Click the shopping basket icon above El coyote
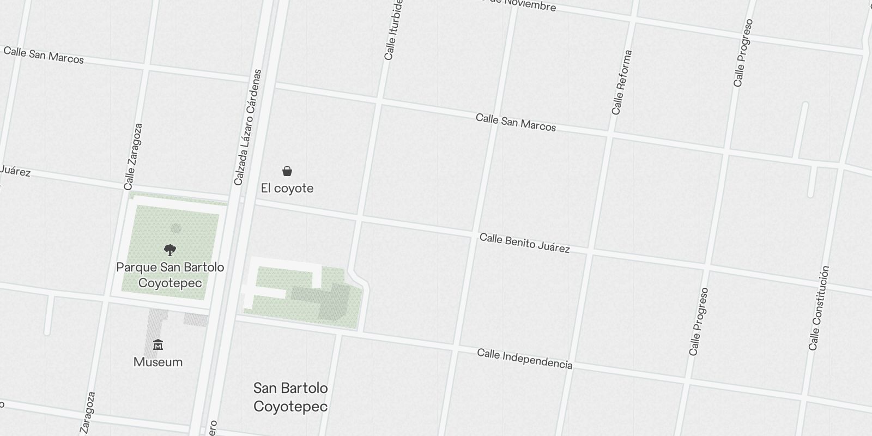click(287, 172)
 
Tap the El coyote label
click(287, 189)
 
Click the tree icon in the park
click(170, 250)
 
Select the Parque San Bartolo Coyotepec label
click(170, 275)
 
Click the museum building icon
click(158, 345)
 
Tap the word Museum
click(158, 362)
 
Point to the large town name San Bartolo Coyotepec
click(290, 397)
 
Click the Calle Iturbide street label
click(393, 30)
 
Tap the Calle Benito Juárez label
click(524, 244)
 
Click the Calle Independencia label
click(524, 359)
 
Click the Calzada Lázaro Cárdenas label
click(248, 127)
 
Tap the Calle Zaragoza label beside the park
click(134, 156)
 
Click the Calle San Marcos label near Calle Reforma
click(516, 123)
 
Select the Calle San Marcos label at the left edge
click(44, 55)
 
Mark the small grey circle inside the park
click(175, 228)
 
